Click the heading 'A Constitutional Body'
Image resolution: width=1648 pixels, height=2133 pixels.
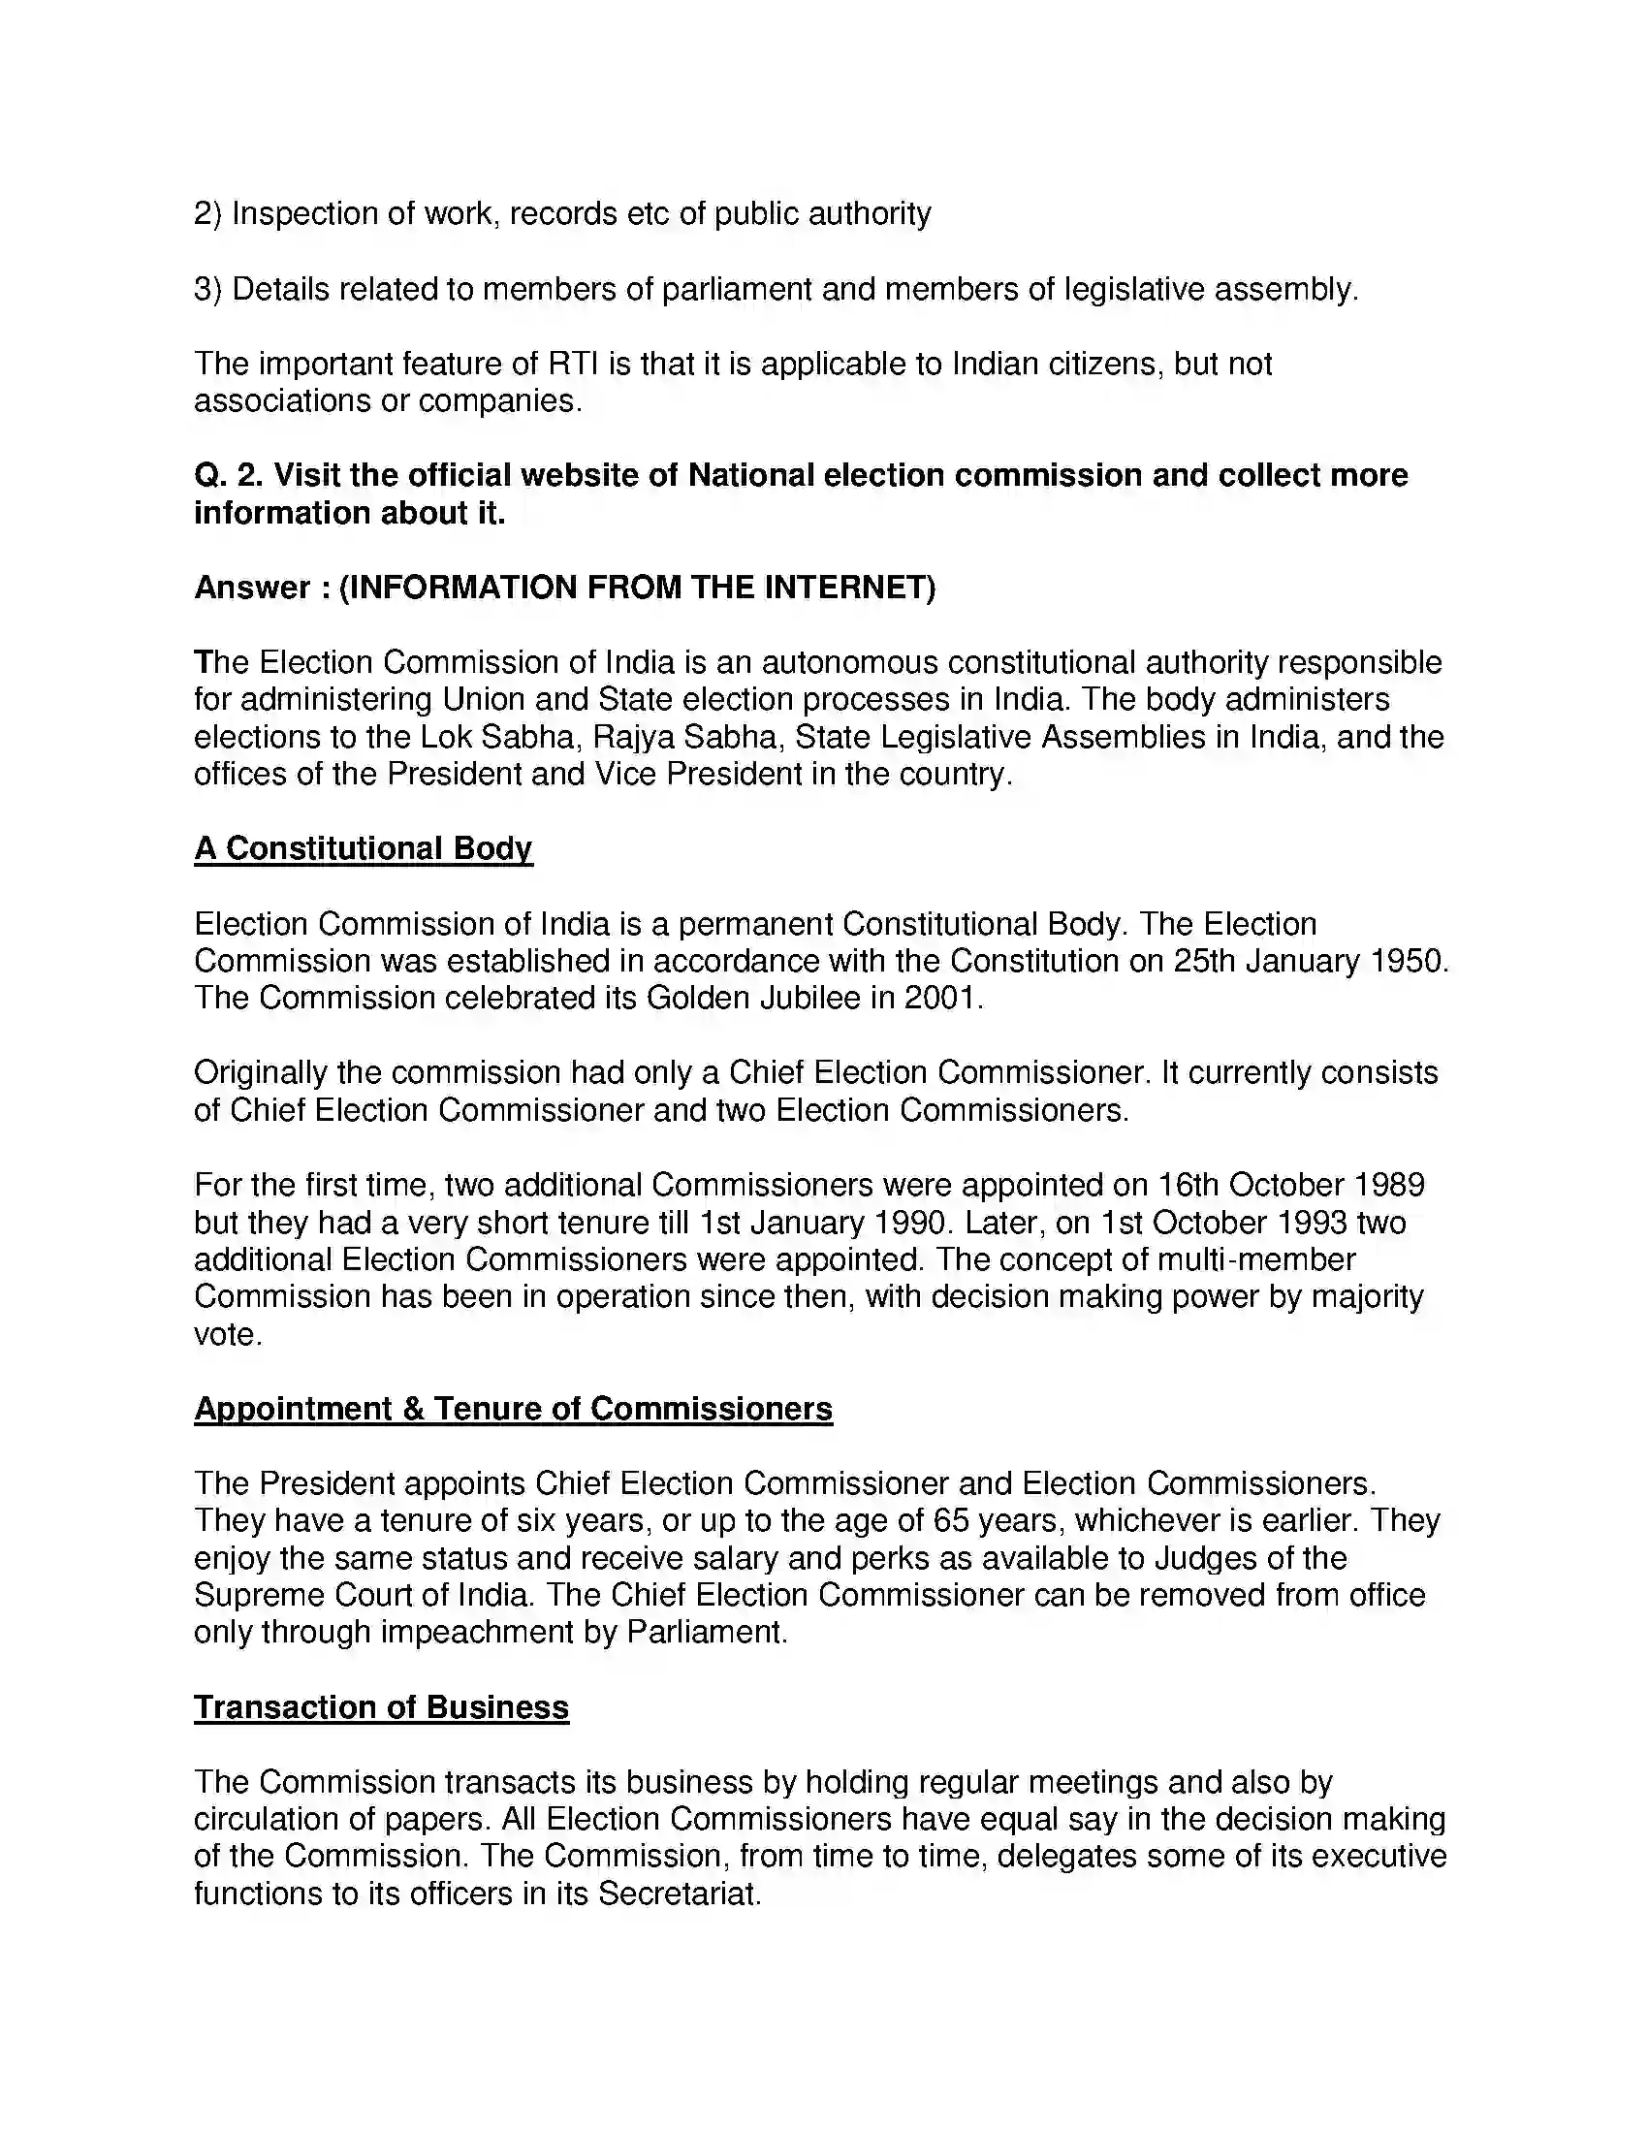coord(363,848)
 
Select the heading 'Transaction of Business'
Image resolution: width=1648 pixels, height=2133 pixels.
coord(381,1707)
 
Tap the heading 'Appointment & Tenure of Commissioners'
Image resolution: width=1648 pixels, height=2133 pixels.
coord(513,1409)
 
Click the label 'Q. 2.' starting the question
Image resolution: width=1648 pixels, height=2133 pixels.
coord(229,476)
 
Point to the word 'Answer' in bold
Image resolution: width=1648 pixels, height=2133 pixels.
coord(252,588)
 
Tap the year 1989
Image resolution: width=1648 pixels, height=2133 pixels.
coord(1388,1185)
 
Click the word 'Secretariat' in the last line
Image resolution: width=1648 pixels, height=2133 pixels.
coord(678,1894)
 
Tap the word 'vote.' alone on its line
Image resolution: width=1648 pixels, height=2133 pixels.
coord(228,1334)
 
